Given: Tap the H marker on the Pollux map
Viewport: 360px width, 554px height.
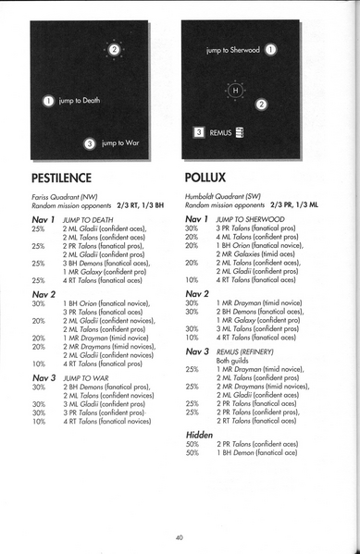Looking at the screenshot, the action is pos(235,91).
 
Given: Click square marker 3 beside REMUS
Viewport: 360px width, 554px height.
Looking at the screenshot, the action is pos(197,132).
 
